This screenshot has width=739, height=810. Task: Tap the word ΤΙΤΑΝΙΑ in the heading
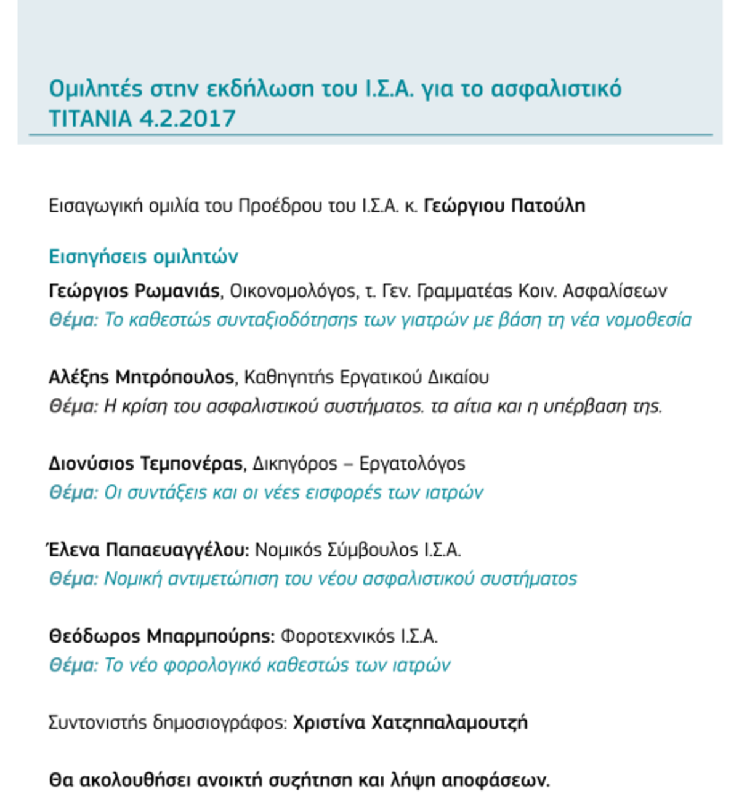[x=91, y=118]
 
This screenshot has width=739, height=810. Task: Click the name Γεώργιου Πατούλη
[x=504, y=206]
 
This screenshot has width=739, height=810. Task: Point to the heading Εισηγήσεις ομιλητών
[x=143, y=256]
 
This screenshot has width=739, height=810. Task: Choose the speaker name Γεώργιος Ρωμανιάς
[x=134, y=291]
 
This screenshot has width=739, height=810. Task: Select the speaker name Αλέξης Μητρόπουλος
[x=141, y=377]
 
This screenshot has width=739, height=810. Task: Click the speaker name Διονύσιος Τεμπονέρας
[x=145, y=463]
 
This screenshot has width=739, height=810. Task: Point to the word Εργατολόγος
[x=412, y=463]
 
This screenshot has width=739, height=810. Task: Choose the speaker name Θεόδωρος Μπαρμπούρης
[x=161, y=635]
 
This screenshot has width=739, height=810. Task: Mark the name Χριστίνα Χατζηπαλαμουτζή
[x=410, y=722]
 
